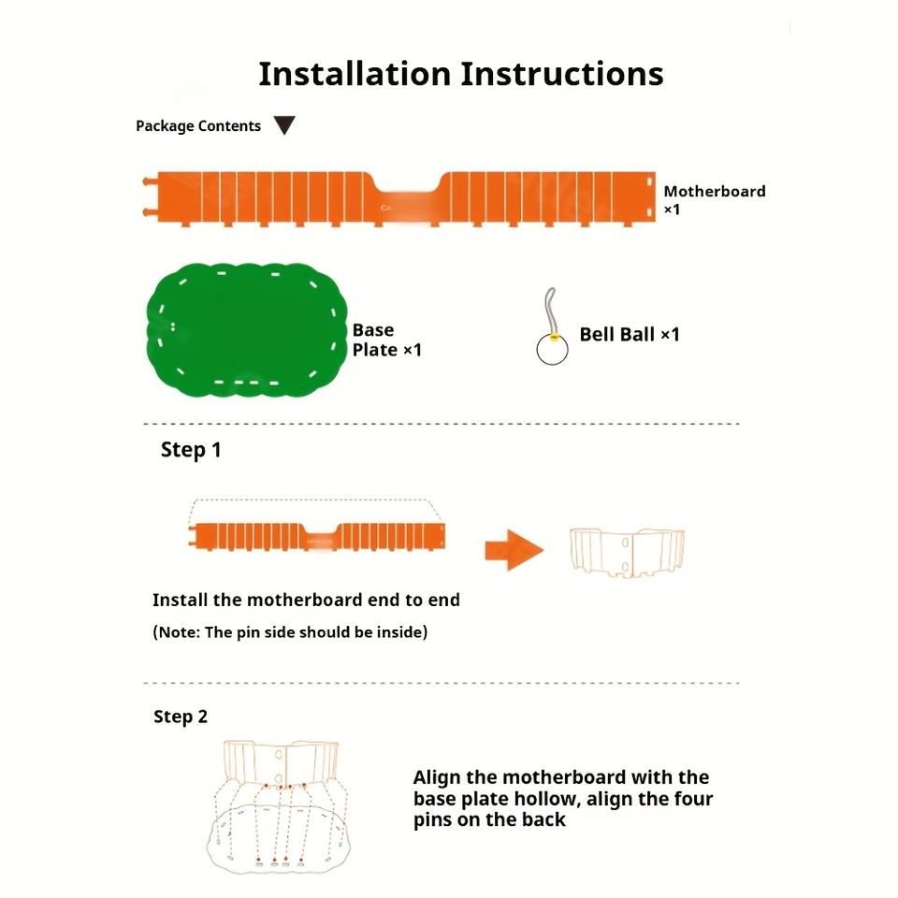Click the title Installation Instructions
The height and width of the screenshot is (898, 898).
coord(460,74)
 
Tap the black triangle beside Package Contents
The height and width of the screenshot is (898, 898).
coord(284,125)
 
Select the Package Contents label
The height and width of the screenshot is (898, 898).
coord(198,125)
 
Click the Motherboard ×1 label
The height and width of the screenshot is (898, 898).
coord(714,200)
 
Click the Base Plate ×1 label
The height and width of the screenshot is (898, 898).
coord(386,340)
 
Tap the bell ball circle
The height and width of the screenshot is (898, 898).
coord(552,350)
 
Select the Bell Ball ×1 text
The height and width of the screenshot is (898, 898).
coord(629,334)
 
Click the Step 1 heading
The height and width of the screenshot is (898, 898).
coord(191,450)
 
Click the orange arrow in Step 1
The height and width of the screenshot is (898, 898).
coord(514,549)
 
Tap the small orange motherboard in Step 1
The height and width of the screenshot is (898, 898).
coord(318,537)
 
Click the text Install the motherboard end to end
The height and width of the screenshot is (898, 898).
coord(306,600)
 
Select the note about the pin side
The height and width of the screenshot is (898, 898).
coord(290,632)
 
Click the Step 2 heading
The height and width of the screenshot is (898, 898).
coord(181,717)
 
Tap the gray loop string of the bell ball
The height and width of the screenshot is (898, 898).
coord(550,306)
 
